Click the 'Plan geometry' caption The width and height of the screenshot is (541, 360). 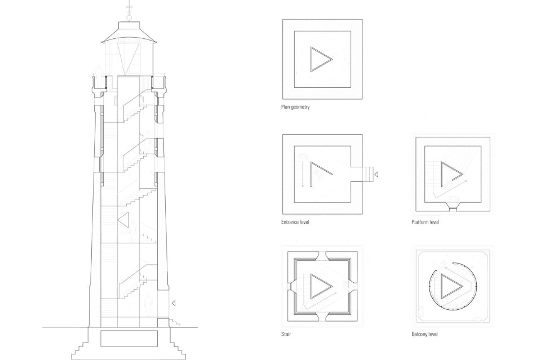[x=295, y=107]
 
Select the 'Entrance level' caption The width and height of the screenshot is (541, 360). [x=295, y=222]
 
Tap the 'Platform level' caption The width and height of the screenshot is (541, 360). [x=425, y=222]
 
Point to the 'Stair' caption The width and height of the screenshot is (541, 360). [x=286, y=334]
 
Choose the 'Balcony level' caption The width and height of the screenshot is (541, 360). [x=424, y=334]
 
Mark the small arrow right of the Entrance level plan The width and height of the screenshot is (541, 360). [x=376, y=174]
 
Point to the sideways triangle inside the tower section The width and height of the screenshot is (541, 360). [x=123, y=219]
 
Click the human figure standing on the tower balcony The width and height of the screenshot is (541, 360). [x=98, y=77]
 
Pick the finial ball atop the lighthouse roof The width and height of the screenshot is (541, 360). [x=130, y=16]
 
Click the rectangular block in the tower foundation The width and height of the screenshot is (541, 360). [x=129, y=338]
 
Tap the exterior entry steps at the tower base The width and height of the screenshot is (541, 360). [x=175, y=323]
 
